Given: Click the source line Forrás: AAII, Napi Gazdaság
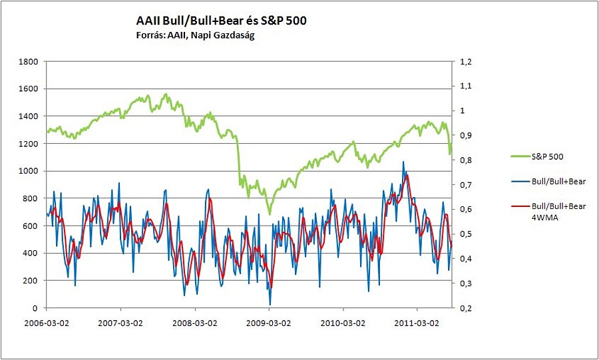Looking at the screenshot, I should click(x=192, y=35).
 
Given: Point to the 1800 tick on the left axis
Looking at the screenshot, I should click(x=29, y=61).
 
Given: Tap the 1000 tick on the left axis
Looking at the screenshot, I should click(x=29, y=171).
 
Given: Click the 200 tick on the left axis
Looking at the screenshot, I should click(x=32, y=281).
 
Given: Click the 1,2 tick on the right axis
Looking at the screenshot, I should click(x=464, y=61).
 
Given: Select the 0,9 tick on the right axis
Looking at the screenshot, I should click(x=464, y=135).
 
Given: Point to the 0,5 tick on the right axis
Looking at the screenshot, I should click(x=464, y=234).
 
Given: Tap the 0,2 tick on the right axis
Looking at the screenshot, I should click(x=464, y=308).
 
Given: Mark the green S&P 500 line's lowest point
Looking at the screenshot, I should click(x=270, y=214).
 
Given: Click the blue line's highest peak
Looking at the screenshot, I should click(x=403, y=161).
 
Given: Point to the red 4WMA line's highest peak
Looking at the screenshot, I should click(x=407, y=175).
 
